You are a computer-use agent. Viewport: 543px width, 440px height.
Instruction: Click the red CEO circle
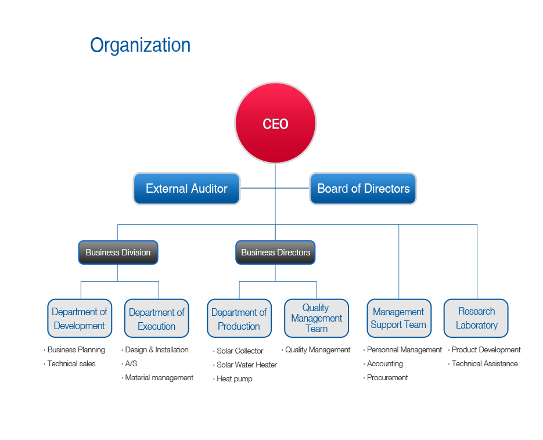pos(275,123)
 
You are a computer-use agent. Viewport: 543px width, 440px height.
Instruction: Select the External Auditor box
pos(186,189)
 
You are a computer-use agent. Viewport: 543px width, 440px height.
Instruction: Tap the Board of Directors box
pos(363,189)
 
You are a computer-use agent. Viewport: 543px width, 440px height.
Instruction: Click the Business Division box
pos(118,253)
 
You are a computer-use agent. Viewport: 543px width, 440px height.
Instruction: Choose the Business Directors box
pos(275,253)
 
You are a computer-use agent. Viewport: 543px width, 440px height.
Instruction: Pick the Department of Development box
pos(80,318)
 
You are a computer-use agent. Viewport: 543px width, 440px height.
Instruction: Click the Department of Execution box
pos(157,318)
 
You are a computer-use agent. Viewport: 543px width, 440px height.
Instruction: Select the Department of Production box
pos(239,318)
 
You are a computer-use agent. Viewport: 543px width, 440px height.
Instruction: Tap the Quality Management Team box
pos(317,318)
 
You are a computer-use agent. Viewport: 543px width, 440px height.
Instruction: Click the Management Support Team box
pos(399,318)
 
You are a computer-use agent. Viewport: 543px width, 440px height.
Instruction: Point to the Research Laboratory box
pos(476,318)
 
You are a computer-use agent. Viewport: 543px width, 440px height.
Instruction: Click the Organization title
pos(141,45)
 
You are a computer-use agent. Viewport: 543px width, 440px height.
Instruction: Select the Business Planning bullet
pos(74,350)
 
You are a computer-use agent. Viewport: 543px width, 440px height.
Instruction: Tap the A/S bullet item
pos(129,364)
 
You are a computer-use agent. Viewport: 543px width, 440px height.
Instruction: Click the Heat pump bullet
pos(233,379)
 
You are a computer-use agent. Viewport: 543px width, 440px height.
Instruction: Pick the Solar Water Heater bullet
pos(245,365)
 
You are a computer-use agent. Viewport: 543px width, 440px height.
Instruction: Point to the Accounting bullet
pos(383,364)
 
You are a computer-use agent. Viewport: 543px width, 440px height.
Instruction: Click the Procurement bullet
pos(386,378)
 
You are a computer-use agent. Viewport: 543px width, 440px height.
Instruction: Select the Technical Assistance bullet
pos(483,364)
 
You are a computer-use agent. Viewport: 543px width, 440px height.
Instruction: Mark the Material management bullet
pos(157,378)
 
